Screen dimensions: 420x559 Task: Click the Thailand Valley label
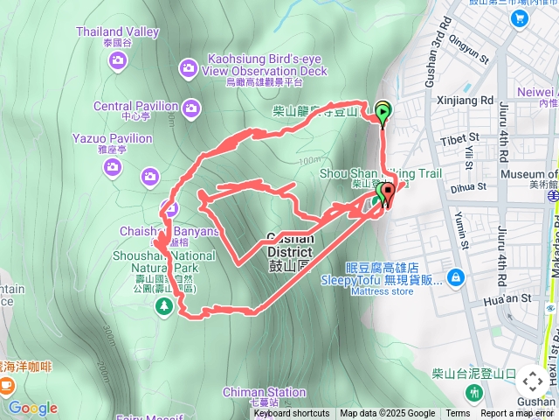(117, 31)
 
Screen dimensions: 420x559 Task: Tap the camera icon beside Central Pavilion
(190, 108)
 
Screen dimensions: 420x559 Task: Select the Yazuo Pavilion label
(112, 138)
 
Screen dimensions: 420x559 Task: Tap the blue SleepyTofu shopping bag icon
(454, 278)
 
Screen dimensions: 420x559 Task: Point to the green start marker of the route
(383, 111)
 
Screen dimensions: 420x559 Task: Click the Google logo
(32, 408)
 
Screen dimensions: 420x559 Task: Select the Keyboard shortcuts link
(292, 414)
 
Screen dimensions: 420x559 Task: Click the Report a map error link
(516, 414)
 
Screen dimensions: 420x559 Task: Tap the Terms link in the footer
(458, 414)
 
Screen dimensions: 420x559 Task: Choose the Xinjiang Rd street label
(464, 101)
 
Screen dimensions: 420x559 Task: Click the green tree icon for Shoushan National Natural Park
(163, 305)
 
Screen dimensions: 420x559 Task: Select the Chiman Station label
(265, 393)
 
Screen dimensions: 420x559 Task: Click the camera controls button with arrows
(532, 381)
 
